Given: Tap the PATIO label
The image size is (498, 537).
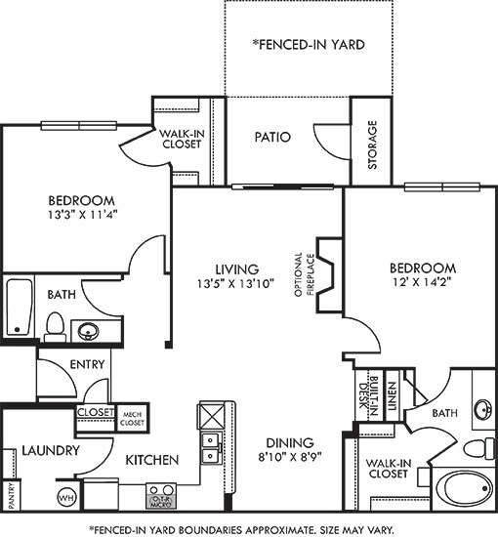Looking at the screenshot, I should click(272, 137).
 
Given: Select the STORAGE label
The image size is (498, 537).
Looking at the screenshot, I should click(372, 145).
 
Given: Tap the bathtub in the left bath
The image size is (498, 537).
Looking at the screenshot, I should click(20, 309).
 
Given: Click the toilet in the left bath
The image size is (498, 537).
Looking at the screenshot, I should click(57, 323).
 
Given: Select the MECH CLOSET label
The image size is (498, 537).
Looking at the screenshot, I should click(134, 418).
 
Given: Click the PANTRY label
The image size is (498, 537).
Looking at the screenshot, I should click(12, 496).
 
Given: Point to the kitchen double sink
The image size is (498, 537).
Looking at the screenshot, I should click(211, 447).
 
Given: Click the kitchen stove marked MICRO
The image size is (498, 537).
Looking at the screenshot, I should click(160, 495).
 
